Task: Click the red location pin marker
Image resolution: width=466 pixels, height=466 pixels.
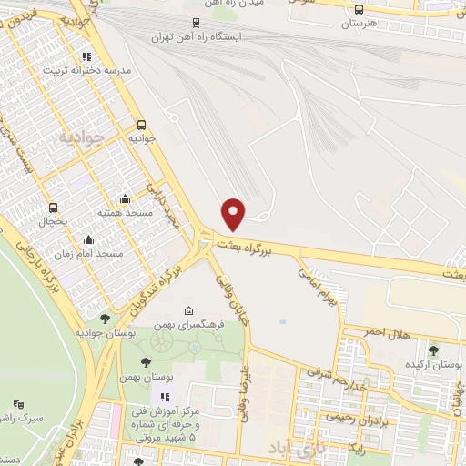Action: (234, 214)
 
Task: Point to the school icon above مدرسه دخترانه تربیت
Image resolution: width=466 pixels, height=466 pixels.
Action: (112, 56)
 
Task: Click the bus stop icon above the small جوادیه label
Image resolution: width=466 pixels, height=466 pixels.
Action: (141, 126)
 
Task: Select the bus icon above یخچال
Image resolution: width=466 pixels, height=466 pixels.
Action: (54, 208)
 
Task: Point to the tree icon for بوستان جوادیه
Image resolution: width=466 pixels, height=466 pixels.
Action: (105, 319)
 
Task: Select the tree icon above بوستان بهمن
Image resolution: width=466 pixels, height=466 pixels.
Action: (146, 364)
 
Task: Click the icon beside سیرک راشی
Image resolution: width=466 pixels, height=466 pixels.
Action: (19, 403)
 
